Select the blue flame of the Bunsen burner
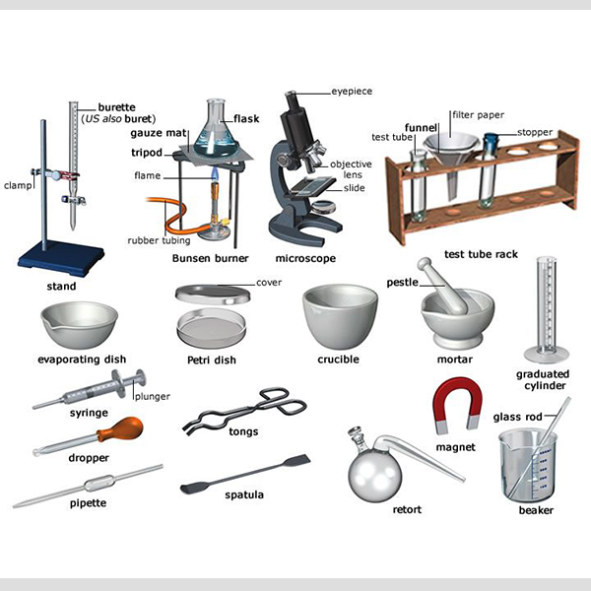point(215,173)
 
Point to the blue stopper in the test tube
point(491,142)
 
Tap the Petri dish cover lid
point(213,294)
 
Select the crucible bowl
point(340,316)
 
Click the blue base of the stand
point(61,258)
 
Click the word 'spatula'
point(244,494)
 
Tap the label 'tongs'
point(243,431)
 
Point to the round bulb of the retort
point(374,477)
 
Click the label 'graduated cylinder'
point(543,380)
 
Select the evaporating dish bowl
point(79,324)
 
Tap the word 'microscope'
point(305,258)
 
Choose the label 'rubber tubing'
point(159,240)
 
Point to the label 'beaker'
point(536,510)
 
